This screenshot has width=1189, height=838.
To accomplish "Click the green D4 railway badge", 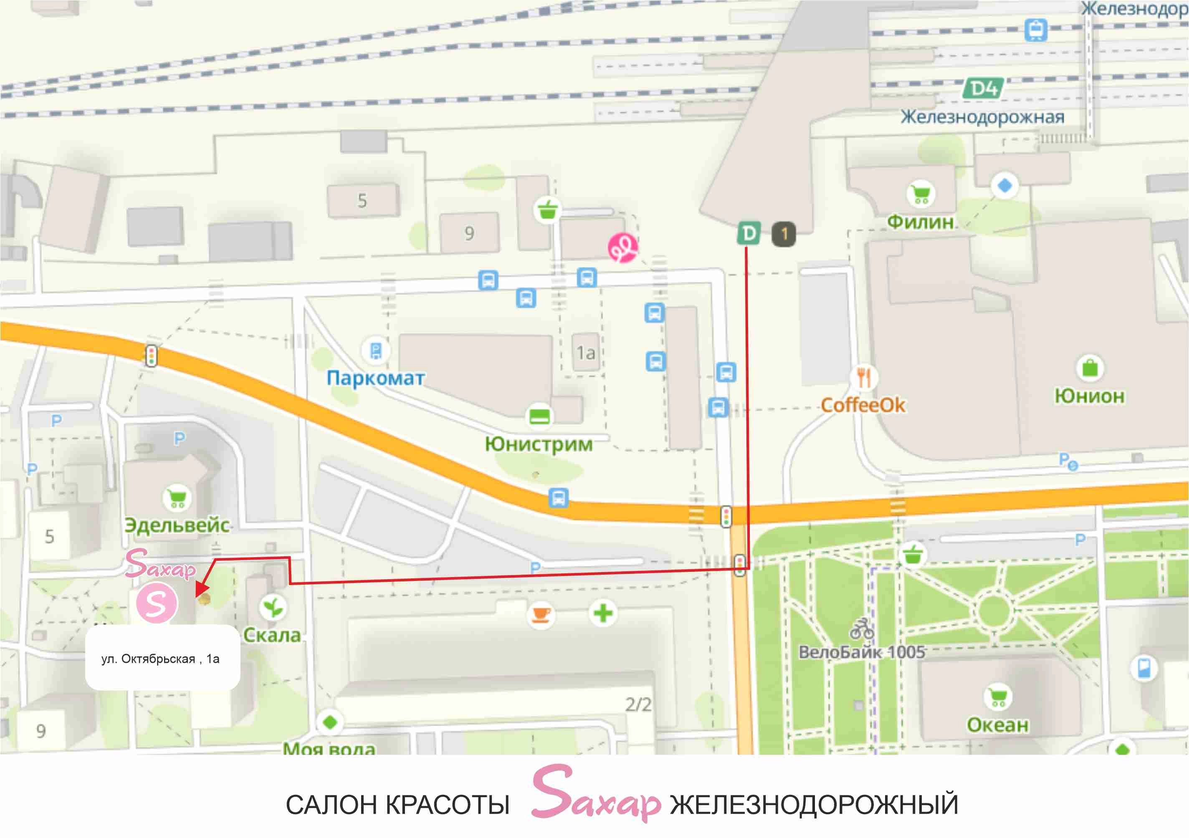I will coord(983,88).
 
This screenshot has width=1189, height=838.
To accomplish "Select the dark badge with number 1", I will coord(784,234).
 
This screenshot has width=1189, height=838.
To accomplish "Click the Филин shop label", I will coord(920,222).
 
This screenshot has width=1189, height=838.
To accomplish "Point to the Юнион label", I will coord(1090,396).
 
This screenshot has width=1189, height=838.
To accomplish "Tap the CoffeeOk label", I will coord(863,405).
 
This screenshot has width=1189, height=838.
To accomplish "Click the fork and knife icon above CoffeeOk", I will coord(863,377).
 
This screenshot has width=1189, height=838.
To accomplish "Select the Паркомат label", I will coord(375,378).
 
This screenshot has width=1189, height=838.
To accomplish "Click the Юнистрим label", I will coord(539,444).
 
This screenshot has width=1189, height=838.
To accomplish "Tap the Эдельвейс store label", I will coord(177,525).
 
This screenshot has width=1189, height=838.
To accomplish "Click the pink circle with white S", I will coord(157,603).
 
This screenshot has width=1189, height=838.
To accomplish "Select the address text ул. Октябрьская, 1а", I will coord(161,659).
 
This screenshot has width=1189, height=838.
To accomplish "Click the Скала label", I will coord(272,635).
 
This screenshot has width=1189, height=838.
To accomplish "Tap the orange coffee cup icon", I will coord(541,614).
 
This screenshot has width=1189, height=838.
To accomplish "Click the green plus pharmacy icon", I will coord(603,614).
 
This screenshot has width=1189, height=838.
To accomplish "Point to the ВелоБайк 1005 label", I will coord(862,652).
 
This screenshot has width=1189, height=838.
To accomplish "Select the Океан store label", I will coord(997,725).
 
